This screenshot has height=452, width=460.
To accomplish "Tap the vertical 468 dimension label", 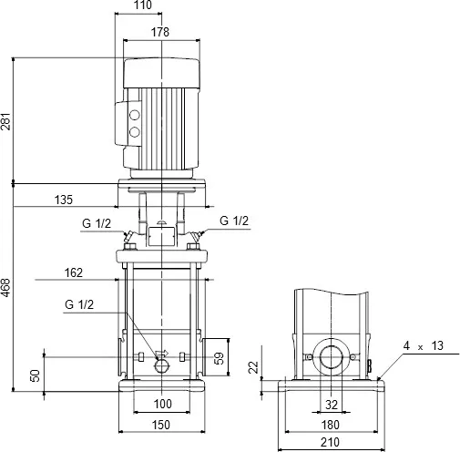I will click(7, 290).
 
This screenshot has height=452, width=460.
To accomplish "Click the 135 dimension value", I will click(65, 200).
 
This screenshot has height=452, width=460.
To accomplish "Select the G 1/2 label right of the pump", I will click(234, 221).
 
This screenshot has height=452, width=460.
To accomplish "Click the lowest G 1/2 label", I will click(78, 305).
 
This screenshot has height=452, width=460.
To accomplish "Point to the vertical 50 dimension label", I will click(36, 375).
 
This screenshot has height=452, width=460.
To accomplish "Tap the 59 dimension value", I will click(217, 356).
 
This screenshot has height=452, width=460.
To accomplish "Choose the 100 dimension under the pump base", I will click(161, 403).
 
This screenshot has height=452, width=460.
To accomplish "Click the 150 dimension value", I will click(161, 426).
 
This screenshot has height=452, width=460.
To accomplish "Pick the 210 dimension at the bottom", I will click(330, 443).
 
